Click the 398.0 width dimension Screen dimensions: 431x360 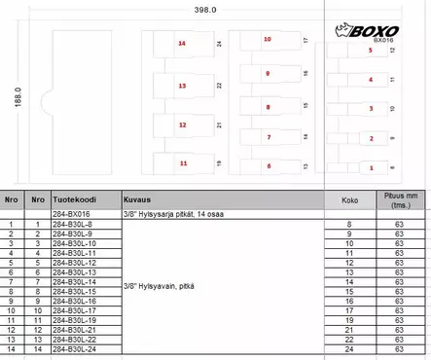pos(205,10)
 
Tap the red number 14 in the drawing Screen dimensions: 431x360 pos(182,45)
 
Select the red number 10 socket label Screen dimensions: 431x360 pos(268,40)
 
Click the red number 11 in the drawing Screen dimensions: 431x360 pos(183,164)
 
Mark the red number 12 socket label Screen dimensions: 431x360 pos(183,126)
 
